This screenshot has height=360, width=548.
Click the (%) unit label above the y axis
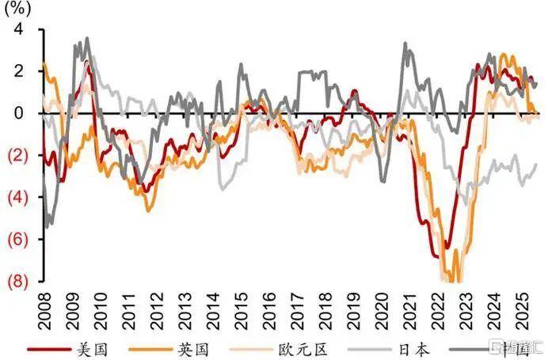coord(20,10)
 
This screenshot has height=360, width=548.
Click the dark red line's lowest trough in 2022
coord(437,257)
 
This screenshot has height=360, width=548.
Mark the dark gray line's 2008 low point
coord(48,226)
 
